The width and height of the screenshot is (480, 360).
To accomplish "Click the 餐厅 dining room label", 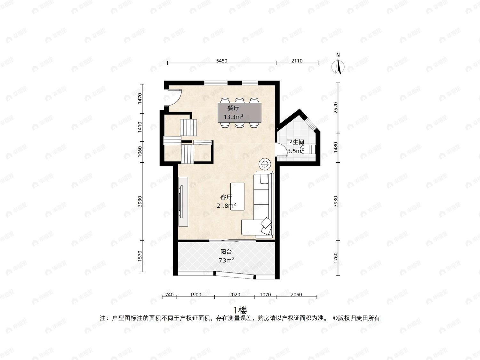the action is click(233, 108).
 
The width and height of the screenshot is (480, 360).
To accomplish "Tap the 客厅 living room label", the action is click(226, 197).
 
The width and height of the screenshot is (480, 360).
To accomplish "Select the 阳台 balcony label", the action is click(226, 252).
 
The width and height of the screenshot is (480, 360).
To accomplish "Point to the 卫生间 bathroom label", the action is click(295, 142).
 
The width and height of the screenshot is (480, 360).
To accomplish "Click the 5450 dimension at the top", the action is click(222, 61).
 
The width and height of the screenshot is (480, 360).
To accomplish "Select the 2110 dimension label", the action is click(297, 61).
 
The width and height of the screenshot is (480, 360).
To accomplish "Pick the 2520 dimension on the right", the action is click(336, 108).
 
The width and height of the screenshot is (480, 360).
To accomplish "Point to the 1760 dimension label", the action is click(336, 258).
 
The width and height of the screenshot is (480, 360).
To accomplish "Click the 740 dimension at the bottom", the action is click(169, 294).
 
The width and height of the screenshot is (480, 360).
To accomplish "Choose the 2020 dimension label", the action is click(235, 294).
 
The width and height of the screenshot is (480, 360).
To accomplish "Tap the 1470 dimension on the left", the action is click(140, 99).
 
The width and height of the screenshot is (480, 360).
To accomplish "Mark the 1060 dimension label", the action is click(140, 151).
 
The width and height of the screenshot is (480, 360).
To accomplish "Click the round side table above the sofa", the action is click(265, 164).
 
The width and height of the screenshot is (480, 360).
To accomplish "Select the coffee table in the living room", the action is click(237, 196).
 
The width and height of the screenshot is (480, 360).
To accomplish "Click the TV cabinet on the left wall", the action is click(183, 202).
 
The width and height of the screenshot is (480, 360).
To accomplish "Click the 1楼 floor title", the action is click(240, 310).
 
